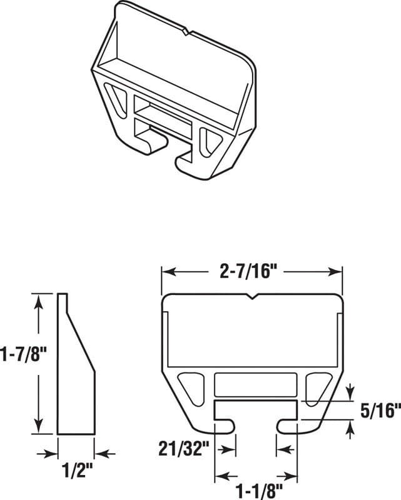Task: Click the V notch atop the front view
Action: (x=252, y=297)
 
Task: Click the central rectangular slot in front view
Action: (x=255, y=384)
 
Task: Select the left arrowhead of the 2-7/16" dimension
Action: (x=167, y=272)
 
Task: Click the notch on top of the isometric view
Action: (x=185, y=29)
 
